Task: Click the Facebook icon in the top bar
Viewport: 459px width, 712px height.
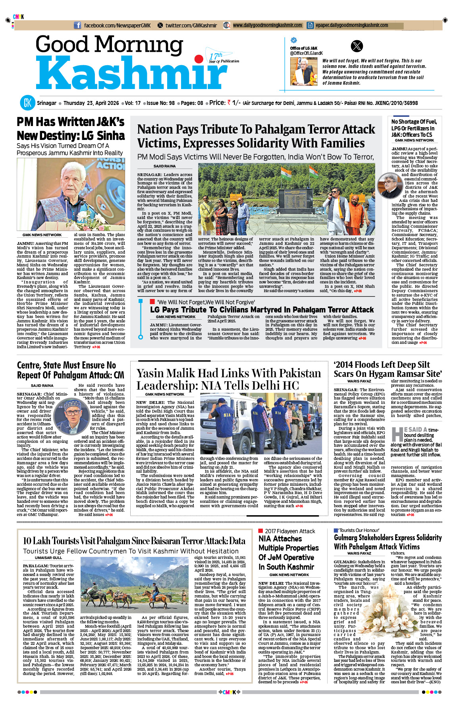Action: (77, 25)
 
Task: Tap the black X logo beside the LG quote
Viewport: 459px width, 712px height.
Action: (357, 47)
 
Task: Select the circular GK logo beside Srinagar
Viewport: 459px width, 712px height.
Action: (27, 103)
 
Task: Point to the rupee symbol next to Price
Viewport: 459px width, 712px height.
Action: (229, 103)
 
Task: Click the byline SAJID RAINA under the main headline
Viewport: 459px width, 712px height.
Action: (164, 166)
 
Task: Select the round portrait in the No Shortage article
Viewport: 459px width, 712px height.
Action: (390, 185)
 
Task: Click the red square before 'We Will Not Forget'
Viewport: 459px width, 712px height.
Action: (152, 302)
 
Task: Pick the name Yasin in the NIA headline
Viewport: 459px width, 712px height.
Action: (154, 373)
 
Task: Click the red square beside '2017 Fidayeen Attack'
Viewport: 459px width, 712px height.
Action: (260, 531)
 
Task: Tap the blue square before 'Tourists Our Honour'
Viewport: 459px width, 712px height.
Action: (336, 530)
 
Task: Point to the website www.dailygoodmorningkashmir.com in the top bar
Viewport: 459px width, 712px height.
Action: (267, 25)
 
